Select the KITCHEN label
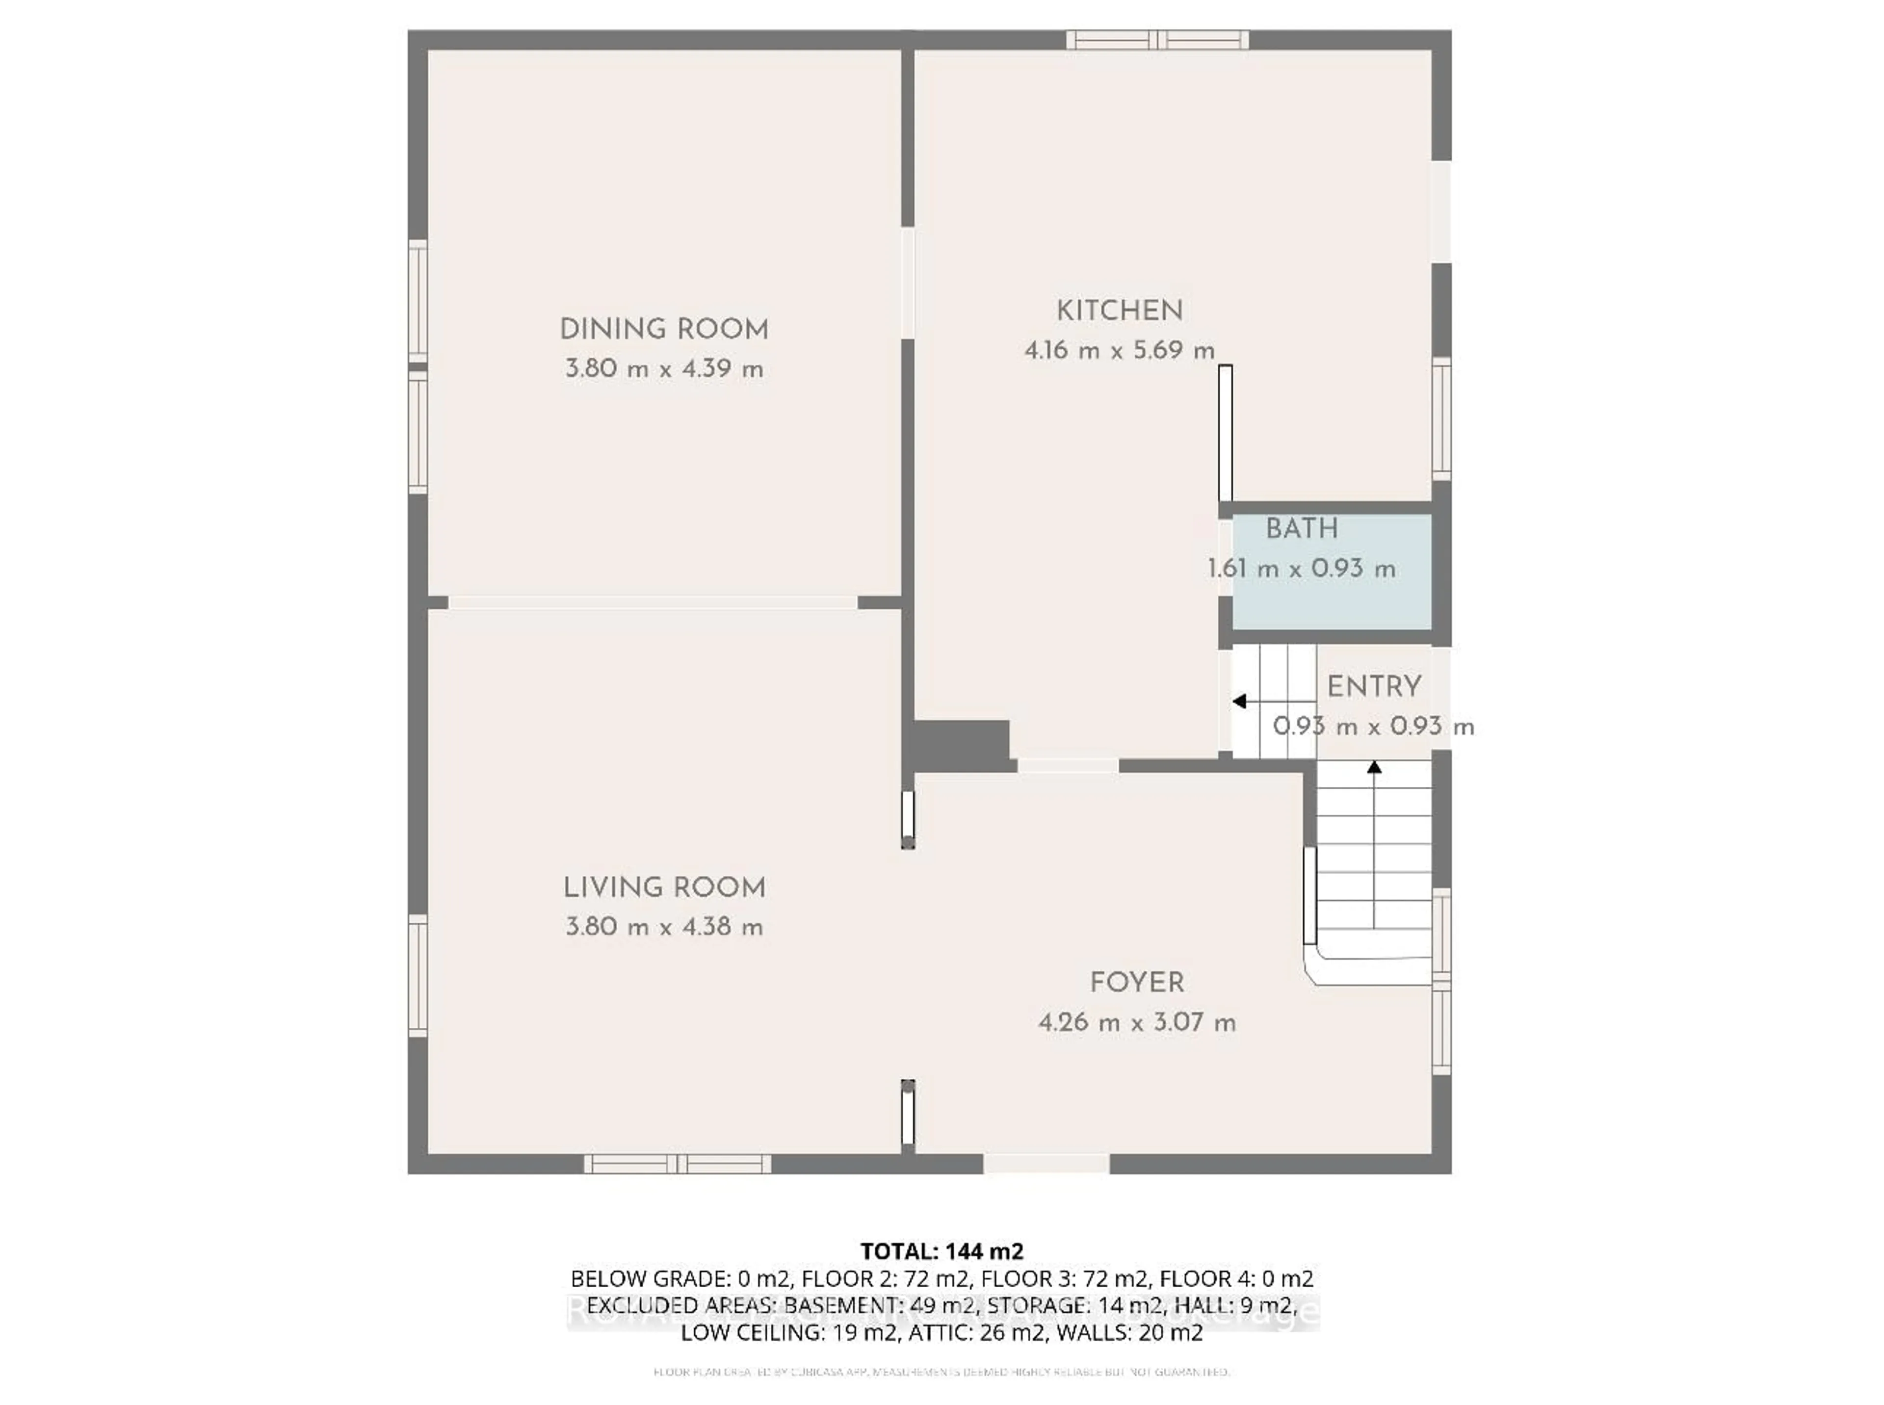pyautogui.click(x=1119, y=311)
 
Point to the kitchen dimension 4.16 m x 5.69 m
pyautogui.click(x=1119, y=350)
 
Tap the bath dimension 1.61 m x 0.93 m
pyautogui.click(x=1301, y=568)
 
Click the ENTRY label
pyautogui.click(x=1374, y=686)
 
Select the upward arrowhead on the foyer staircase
pyautogui.click(x=1374, y=767)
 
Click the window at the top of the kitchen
pyautogui.click(x=1157, y=40)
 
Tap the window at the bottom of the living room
pyautogui.click(x=677, y=1164)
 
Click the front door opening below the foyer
pyautogui.click(x=1046, y=1164)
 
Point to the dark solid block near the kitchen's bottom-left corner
pyautogui.click(x=961, y=745)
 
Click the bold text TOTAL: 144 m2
pyautogui.click(x=942, y=1251)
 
